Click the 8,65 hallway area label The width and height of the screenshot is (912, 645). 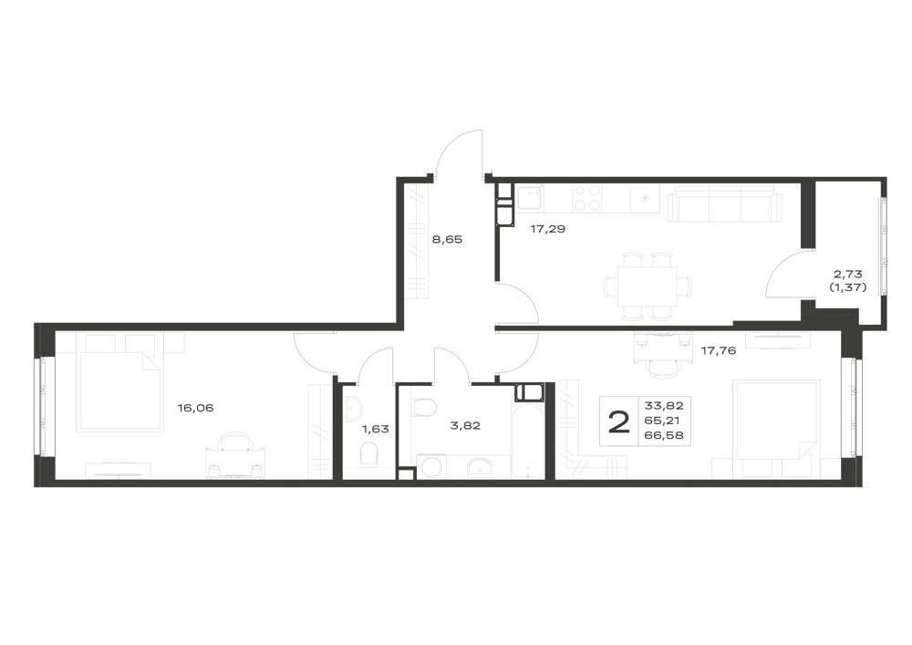[x=447, y=239]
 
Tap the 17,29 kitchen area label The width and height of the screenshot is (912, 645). [x=547, y=229]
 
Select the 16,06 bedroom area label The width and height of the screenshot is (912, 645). [x=195, y=409]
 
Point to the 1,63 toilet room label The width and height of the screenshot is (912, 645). [x=375, y=430]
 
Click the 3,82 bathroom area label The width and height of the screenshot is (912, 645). [x=465, y=426]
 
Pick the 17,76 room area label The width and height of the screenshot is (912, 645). [x=719, y=350]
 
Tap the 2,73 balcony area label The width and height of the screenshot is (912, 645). [x=847, y=274]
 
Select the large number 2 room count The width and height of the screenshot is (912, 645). [x=619, y=421]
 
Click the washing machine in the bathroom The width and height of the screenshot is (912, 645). [x=432, y=467]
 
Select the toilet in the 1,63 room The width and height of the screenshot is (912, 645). [x=369, y=453]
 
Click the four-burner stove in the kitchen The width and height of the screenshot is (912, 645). [x=586, y=198]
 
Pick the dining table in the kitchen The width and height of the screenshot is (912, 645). [x=648, y=286]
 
